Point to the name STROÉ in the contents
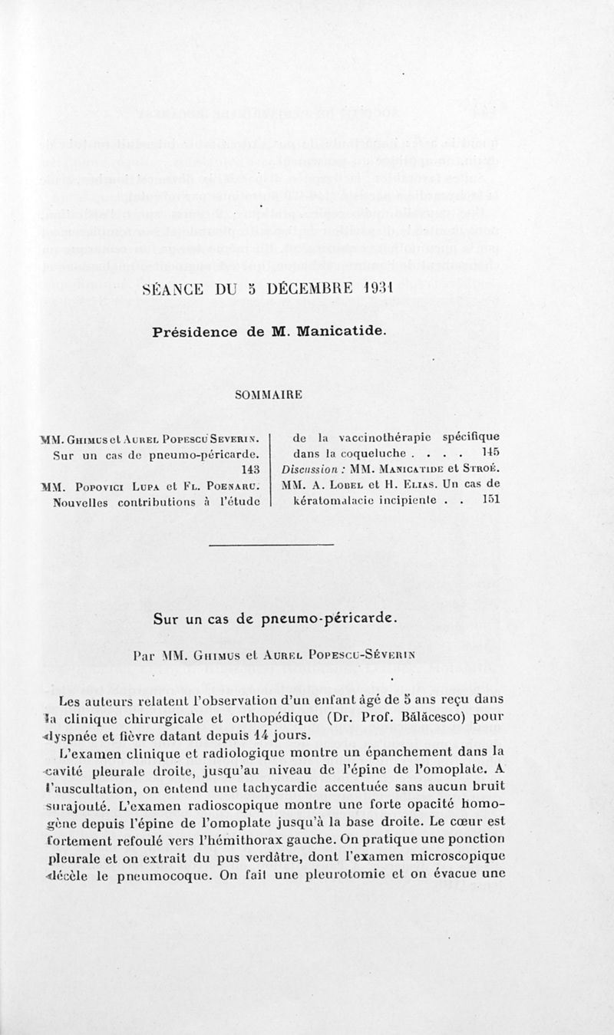(x=484, y=469)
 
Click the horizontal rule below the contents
(x=271, y=545)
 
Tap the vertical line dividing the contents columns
(x=272, y=469)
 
